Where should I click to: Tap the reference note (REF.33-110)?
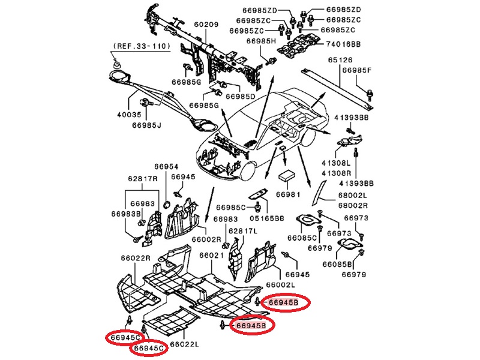142,46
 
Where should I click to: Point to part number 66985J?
147,125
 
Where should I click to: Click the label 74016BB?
343,44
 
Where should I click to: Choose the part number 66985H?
260,41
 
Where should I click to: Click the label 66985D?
240,96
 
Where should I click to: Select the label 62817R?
142,178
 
